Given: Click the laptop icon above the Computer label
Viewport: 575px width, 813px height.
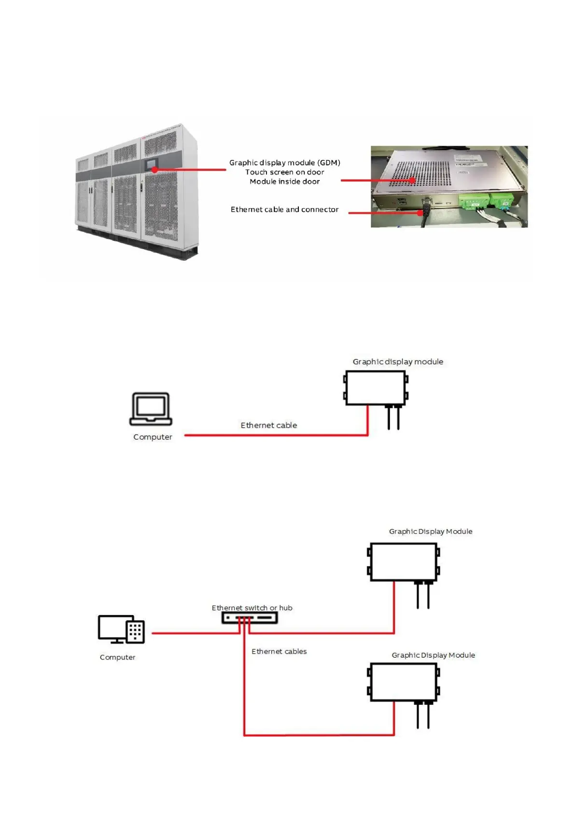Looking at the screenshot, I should coord(151,408).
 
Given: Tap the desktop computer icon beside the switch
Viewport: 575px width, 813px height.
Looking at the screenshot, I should coord(121,629).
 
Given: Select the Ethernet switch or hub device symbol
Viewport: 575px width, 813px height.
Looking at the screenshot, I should coord(249,617).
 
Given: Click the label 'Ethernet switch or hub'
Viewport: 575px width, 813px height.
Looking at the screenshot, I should coord(252,608).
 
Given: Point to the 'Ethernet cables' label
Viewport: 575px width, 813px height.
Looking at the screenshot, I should coord(279,651).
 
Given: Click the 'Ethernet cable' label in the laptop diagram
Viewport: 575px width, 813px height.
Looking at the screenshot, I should coord(268,425).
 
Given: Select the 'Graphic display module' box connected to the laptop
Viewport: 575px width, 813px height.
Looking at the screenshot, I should coord(376,388).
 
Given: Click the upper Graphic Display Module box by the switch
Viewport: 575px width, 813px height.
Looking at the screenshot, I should coord(403,562).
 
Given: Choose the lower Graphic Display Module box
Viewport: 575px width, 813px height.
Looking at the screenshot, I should coord(403,682).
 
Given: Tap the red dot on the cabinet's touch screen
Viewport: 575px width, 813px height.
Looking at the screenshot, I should coord(154,169).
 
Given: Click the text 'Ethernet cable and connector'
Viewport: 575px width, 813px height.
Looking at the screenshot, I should coord(284,210).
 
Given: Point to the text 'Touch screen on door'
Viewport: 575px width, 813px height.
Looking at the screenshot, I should coord(284,172).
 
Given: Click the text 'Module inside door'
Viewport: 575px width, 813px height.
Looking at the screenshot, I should coord(284,182).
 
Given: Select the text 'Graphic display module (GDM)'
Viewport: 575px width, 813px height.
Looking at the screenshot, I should coord(284,163).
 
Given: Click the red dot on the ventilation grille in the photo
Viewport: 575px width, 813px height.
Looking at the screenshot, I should coord(412,180).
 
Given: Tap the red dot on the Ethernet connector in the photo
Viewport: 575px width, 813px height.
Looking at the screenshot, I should coord(420,213).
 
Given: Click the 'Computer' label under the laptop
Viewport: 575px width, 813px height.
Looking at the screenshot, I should coord(153,437).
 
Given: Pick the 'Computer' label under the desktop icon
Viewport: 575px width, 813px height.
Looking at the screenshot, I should coord(117,657).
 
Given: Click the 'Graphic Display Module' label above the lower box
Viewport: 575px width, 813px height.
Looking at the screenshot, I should coord(433,655).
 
